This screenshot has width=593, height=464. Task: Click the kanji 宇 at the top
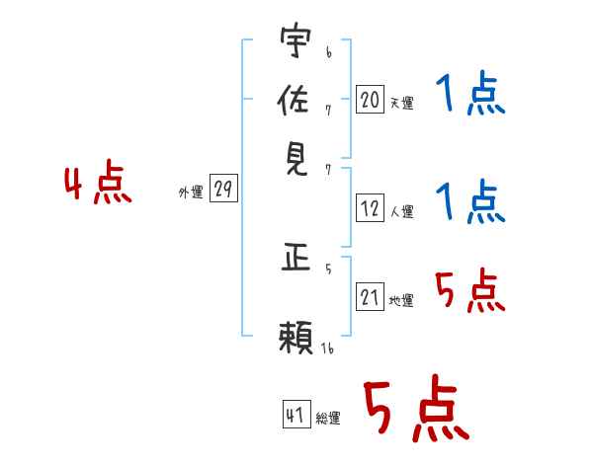point(296,39)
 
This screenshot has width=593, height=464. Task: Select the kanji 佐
point(294,99)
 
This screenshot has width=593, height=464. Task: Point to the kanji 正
point(296,258)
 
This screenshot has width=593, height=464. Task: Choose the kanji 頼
point(296,337)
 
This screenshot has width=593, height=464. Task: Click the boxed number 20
point(370,99)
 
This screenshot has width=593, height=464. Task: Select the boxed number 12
point(370,208)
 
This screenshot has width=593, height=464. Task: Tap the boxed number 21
point(370,296)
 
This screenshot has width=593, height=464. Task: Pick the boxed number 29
point(223,188)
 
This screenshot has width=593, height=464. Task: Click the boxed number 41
point(296,414)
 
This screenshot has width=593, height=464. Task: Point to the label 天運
point(402,103)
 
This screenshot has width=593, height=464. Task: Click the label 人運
point(402,211)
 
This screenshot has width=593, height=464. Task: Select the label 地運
point(401,300)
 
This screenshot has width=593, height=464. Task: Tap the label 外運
point(191,192)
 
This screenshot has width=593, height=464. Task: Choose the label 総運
point(328,418)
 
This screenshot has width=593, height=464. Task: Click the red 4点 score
point(98,182)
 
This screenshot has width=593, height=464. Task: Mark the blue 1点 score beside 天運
point(470,94)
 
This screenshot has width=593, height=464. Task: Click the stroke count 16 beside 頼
point(327,348)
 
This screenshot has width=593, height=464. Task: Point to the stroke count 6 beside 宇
point(329,52)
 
